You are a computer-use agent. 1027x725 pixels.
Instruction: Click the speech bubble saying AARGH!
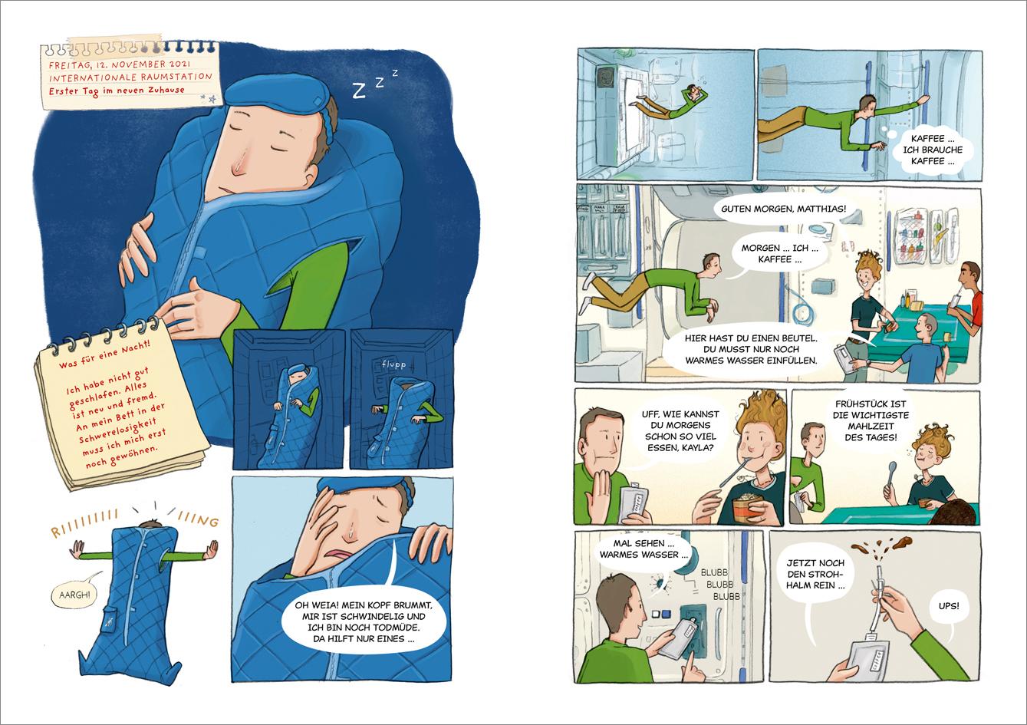point(74,595)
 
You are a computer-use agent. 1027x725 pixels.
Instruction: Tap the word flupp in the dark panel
point(393,364)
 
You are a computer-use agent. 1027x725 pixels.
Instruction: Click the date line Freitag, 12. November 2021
point(119,64)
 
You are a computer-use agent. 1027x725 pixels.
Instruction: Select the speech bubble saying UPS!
point(948,606)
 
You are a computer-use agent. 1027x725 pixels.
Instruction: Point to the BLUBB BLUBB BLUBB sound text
point(719,584)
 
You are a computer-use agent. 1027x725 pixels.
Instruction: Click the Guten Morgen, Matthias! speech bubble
point(783,209)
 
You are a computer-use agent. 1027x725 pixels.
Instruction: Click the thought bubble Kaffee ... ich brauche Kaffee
point(932,150)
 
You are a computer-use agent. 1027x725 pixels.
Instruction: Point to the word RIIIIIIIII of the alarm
point(84,522)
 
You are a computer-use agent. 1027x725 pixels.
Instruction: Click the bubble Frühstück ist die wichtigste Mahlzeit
point(871,421)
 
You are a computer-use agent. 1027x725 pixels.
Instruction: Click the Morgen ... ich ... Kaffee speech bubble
point(778,254)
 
